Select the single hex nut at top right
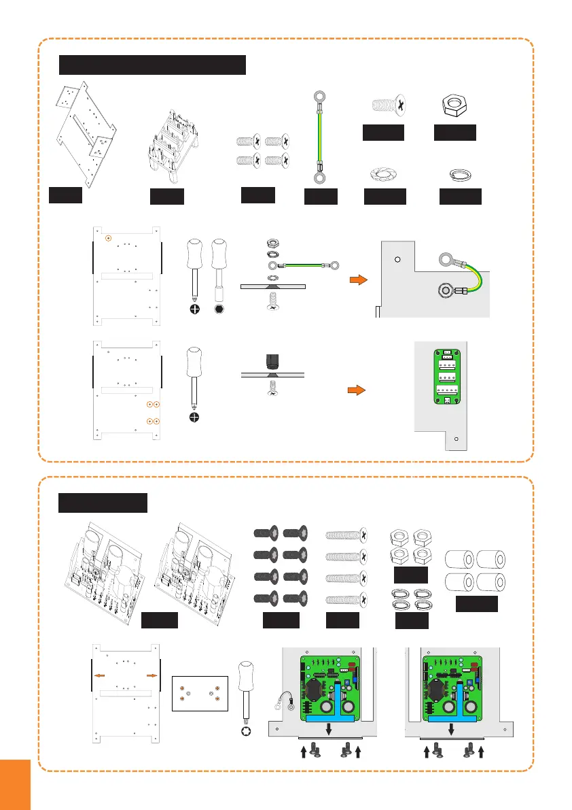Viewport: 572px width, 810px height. click(454, 105)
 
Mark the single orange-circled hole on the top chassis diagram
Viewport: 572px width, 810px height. click(109, 238)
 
